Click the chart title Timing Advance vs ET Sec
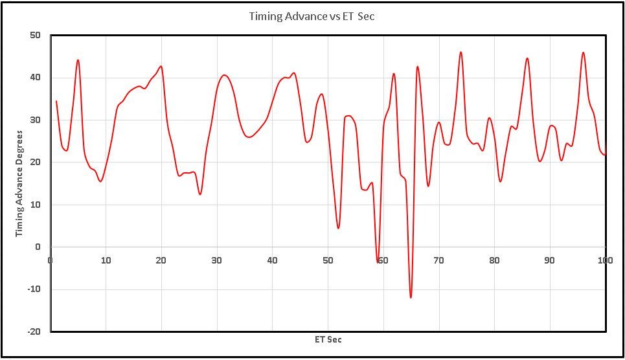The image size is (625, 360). pyautogui.click(x=312, y=17)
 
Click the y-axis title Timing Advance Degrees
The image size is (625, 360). pyautogui.click(x=20, y=183)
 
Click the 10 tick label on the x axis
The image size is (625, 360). pyautogui.click(x=106, y=260)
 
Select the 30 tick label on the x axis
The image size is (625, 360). pyautogui.click(x=217, y=260)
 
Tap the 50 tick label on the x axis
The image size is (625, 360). pyautogui.click(x=328, y=260)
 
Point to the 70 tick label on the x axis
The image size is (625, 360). pyautogui.click(x=439, y=260)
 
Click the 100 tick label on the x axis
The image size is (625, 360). pyautogui.click(x=606, y=260)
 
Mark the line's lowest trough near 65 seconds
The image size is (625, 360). pyautogui.click(x=411, y=297)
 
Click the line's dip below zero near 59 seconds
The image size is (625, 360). pyautogui.click(x=378, y=260)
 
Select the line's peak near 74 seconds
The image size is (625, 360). pyautogui.click(x=461, y=52)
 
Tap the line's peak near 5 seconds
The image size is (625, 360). pyautogui.click(x=78, y=60)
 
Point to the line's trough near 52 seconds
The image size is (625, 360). pyautogui.click(x=338, y=228)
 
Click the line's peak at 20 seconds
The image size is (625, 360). pyautogui.click(x=161, y=66)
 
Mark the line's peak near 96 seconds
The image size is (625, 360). pyautogui.click(x=583, y=53)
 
